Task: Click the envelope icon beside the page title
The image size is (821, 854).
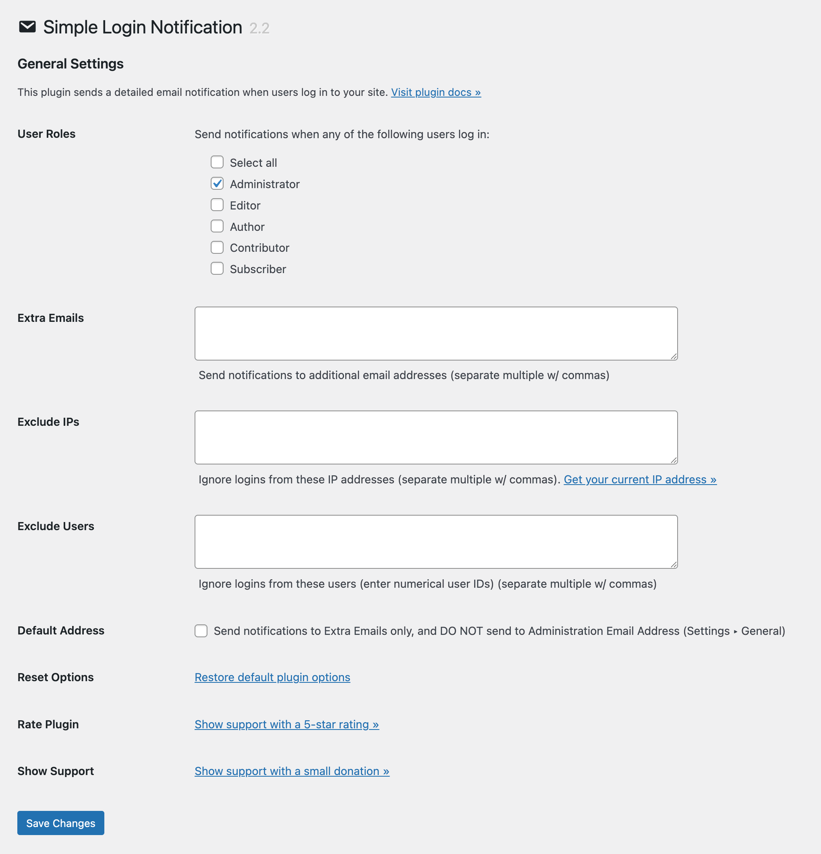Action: coord(27,27)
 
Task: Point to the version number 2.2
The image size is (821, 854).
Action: coord(259,28)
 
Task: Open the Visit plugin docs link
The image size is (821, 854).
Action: coord(436,92)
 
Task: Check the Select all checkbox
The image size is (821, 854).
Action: coord(217,162)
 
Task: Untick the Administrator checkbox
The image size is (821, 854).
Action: coord(217,184)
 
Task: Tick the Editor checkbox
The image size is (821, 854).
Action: coord(217,205)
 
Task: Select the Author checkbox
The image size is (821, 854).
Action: coord(217,226)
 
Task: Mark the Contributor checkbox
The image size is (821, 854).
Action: coord(217,247)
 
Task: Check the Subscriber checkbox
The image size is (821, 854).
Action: coord(217,269)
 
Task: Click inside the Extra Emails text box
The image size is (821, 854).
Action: coord(436,333)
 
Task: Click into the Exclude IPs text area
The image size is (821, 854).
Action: coord(436,437)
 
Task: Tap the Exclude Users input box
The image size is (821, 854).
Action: coord(436,541)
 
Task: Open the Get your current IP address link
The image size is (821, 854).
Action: coord(640,479)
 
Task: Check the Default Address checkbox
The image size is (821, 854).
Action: coord(201,631)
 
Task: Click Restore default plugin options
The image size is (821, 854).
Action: coord(272,677)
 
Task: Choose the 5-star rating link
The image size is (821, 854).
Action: coord(287,724)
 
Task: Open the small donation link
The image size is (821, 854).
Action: coord(292,771)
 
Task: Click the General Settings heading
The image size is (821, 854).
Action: coord(70,64)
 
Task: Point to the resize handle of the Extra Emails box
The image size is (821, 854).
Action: coord(674,357)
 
